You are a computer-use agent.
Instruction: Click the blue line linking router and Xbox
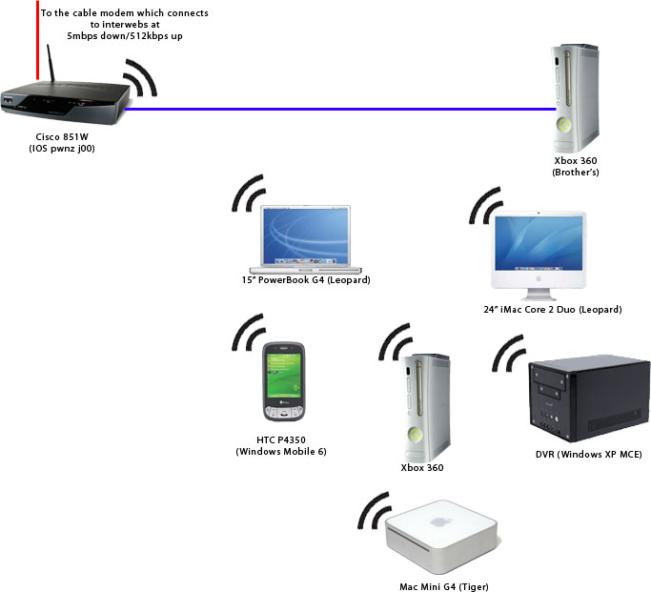coord(334,109)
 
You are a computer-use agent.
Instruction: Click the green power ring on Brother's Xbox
coord(565,124)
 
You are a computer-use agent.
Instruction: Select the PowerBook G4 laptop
coord(305,239)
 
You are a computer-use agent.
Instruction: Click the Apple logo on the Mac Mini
coord(440,521)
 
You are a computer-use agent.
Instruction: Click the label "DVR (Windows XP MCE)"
coord(588,455)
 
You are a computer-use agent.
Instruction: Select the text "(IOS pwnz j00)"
coord(64,150)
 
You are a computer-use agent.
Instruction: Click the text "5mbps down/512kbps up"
coord(124,34)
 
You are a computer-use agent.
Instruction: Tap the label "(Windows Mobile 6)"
coord(281,451)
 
